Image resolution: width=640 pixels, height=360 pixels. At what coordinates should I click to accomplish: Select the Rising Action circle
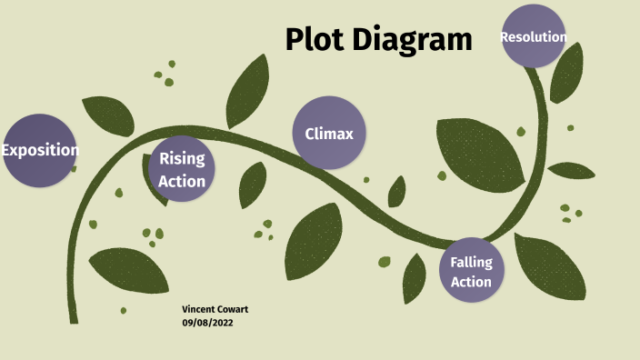click(182, 169)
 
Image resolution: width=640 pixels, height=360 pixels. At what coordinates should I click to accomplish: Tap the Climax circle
click(329, 133)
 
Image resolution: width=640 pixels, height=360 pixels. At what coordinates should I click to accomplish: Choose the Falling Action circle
click(471, 272)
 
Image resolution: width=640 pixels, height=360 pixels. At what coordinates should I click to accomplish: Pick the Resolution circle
click(534, 36)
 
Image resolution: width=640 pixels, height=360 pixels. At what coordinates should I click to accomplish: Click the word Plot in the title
click(315, 40)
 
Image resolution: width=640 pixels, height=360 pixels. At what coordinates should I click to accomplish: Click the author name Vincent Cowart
click(215, 309)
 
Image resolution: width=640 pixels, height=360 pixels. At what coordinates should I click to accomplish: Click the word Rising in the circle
click(182, 158)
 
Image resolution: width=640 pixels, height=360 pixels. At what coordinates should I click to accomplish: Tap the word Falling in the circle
click(471, 262)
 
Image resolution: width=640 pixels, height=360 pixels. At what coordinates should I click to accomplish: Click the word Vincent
click(200, 309)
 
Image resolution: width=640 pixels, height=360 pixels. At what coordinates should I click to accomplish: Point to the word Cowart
click(234, 309)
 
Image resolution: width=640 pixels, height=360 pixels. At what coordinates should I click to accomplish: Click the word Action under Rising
click(182, 181)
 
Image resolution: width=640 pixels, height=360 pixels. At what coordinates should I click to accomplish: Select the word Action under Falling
click(471, 282)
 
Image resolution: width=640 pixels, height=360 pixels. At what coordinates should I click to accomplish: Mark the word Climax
click(329, 134)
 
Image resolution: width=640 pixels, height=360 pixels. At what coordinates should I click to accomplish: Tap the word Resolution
click(534, 37)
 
